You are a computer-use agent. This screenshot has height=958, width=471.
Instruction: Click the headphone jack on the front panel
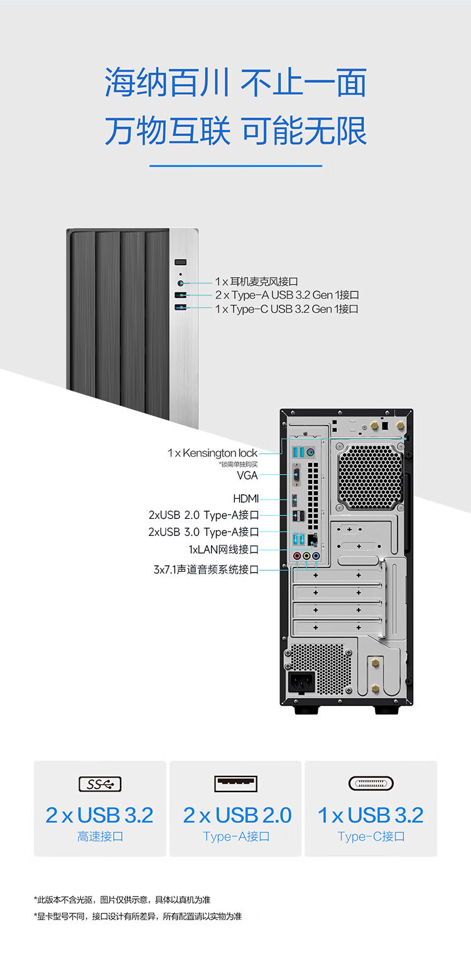click(180, 283)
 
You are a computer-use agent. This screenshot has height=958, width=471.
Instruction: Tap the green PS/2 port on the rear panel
click(311, 452)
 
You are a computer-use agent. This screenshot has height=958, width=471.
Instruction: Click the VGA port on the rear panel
click(295, 475)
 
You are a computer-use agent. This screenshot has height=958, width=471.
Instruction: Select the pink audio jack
click(297, 556)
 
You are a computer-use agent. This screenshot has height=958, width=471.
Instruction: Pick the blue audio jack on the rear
click(316, 556)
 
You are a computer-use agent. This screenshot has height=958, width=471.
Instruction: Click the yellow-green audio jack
click(306, 556)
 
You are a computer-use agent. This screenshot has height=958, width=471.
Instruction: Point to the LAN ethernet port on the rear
click(313, 540)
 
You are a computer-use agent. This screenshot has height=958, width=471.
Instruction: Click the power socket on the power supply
click(301, 682)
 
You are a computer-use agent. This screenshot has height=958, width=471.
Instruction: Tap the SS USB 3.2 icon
click(100, 784)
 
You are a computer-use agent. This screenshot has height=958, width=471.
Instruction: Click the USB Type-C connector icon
click(371, 783)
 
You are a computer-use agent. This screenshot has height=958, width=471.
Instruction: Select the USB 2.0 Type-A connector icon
click(236, 783)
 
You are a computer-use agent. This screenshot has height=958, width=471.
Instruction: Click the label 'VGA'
click(247, 475)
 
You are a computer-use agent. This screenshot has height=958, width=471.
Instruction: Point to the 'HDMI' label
click(246, 499)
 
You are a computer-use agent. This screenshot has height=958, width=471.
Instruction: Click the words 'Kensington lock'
click(220, 453)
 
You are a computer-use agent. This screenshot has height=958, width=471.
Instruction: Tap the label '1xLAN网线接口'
click(224, 549)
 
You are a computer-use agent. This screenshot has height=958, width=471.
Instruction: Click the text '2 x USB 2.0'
click(237, 815)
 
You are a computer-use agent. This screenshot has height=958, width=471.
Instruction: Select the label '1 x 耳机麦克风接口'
click(256, 281)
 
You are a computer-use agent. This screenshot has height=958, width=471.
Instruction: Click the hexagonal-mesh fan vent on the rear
click(370, 476)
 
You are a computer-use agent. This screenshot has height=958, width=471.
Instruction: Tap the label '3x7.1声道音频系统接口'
click(206, 570)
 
